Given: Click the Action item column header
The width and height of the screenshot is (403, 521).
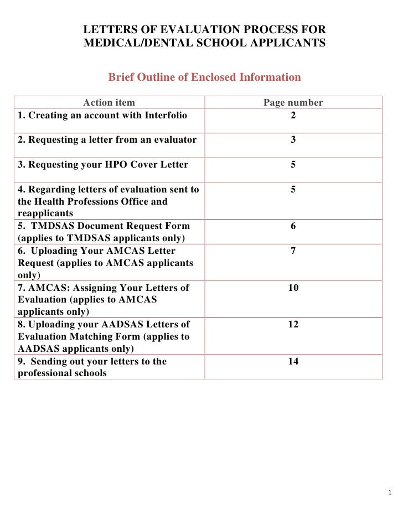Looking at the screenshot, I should click(109, 102).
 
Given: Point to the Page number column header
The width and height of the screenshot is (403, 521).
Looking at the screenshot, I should click(293, 102).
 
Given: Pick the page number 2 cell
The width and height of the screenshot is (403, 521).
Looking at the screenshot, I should click(293, 115).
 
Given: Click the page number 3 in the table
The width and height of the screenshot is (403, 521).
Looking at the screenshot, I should click(293, 139).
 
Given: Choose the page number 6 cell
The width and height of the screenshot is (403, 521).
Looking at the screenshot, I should click(293, 226).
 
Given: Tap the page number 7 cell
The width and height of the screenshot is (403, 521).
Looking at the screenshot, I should click(293, 251).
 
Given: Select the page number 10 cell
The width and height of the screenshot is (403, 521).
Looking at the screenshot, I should click(293, 287).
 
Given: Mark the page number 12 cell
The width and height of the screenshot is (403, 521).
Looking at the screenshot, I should click(293, 324).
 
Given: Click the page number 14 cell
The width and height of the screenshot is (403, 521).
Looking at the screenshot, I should click(293, 361).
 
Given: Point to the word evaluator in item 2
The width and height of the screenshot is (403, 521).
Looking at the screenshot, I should click(175, 139).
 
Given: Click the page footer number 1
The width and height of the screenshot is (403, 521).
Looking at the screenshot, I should click(390, 492).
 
